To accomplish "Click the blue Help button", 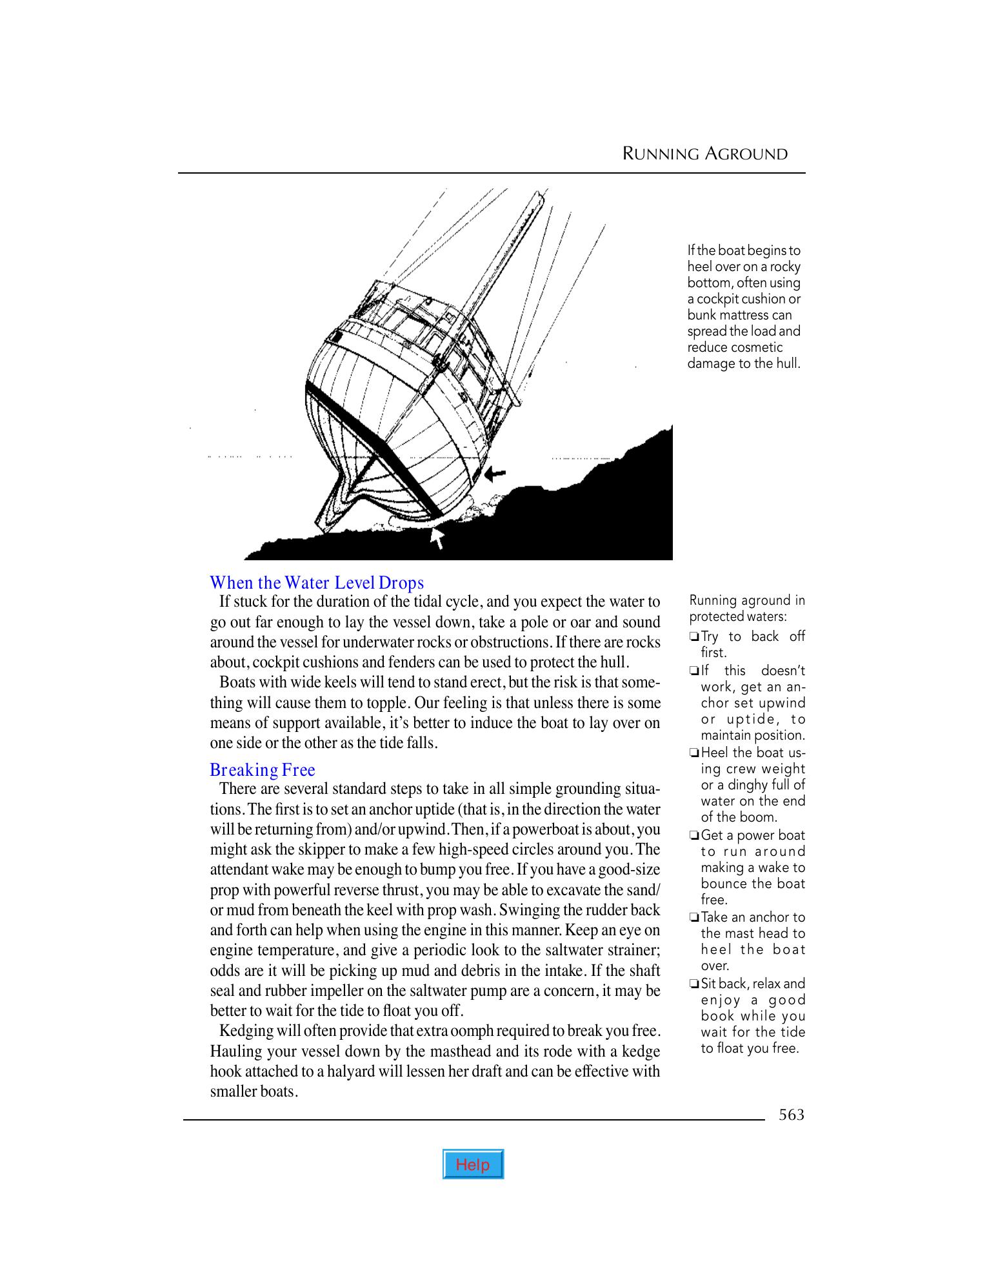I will pos(473,1165).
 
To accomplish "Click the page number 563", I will pos(792,1115).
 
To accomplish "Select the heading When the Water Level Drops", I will pos(317,582).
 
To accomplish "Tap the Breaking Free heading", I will pos(262,769).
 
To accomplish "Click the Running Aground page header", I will pos(704,154).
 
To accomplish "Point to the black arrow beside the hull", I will pos(495,474).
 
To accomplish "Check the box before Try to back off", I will pos(694,637).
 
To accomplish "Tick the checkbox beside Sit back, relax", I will pos(694,984).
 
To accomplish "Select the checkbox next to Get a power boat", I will pos(694,836).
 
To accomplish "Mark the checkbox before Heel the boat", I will pos(694,753).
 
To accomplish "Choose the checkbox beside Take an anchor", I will pos(694,918).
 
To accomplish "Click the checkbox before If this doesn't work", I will pos(694,671).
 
